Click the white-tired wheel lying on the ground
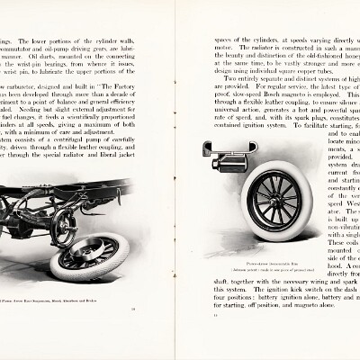point(87,256)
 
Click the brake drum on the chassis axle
point(63,225)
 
